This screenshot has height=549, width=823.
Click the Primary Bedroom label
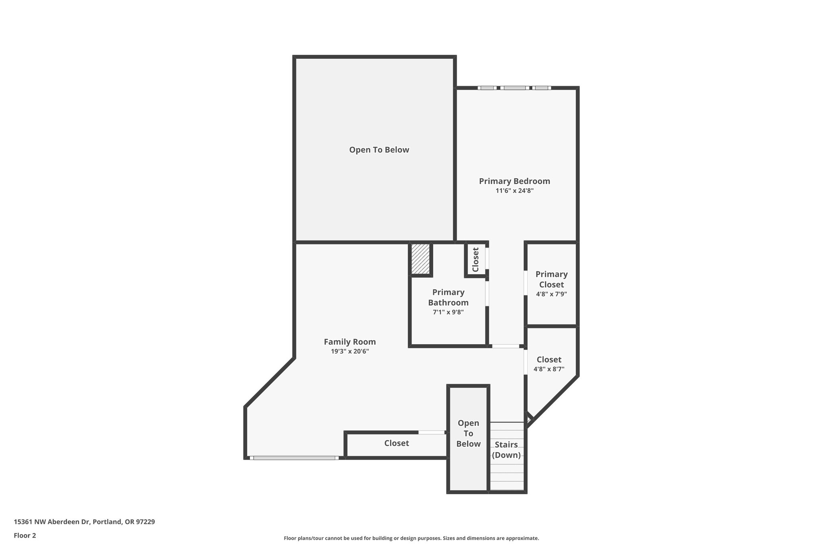pyautogui.click(x=514, y=181)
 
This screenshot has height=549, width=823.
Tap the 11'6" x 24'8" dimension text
pyautogui.click(x=514, y=191)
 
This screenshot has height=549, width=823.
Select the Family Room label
pyautogui.click(x=350, y=342)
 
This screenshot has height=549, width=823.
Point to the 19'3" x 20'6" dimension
pyautogui.click(x=350, y=351)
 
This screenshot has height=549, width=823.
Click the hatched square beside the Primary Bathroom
pyautogui.click(x=421, y=259)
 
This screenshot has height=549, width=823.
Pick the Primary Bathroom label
pyautogui.click(x=448, y=297)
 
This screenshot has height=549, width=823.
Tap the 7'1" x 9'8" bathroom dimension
pyautogui.click(x=448, y=312)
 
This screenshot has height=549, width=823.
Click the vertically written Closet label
pyautogui.click(x=475, y=259)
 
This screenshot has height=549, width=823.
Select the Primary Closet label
pyautogui.click(x=551, y=279)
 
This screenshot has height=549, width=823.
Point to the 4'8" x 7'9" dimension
pyautogui.click(x=551, y=294)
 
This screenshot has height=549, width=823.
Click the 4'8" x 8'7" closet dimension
pyautogui.click(x=549, y=369)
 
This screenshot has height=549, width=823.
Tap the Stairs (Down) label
pyautogui.click(x=506, y=450)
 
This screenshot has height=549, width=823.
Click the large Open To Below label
pyautogui.click(x=379, y=150)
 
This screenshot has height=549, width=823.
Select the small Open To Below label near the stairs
pyautogui.click(x=468, y=434)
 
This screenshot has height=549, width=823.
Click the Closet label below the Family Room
pyautogui.click(x=396, y=443)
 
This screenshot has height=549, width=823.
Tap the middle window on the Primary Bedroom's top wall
pyautogui.click(x=514, y=88)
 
